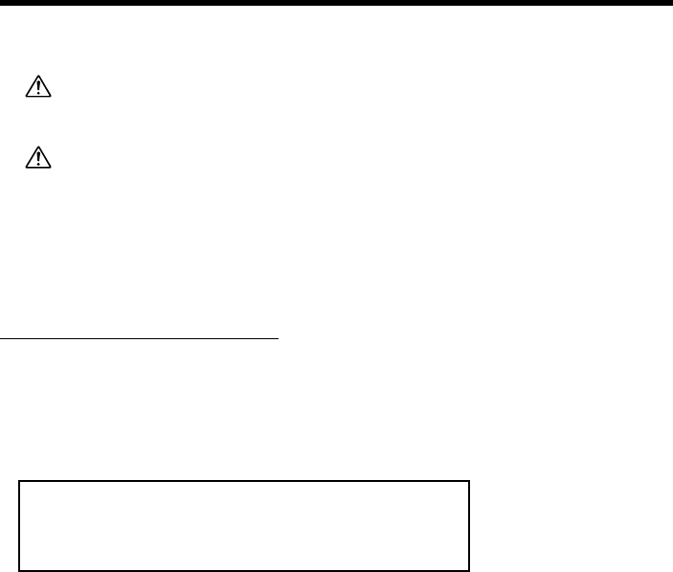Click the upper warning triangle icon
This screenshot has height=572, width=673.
pos(38,88)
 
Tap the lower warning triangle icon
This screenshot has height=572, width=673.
pos(38,157)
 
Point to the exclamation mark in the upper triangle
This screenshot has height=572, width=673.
pos(38,89)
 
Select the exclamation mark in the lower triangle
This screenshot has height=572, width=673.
pos(38,158)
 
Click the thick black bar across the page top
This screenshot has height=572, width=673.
pos(336,3)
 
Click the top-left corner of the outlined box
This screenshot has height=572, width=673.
pos(20,482)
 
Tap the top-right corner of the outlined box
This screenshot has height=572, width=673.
pos(469,482)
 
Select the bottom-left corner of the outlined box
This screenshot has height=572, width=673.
pos(20,570)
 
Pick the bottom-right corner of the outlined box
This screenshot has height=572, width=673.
pos(469,570)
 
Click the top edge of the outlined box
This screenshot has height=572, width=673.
pos(244,482)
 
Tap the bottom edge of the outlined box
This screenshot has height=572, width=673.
pos(244,570)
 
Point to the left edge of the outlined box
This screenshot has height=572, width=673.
pos(20,526)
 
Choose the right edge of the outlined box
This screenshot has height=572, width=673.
pos(469,526)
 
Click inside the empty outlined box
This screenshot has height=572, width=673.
pos(244,526)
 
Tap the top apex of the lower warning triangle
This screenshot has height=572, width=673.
pos(38,148)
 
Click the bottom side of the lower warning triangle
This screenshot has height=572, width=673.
pos(38,166)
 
